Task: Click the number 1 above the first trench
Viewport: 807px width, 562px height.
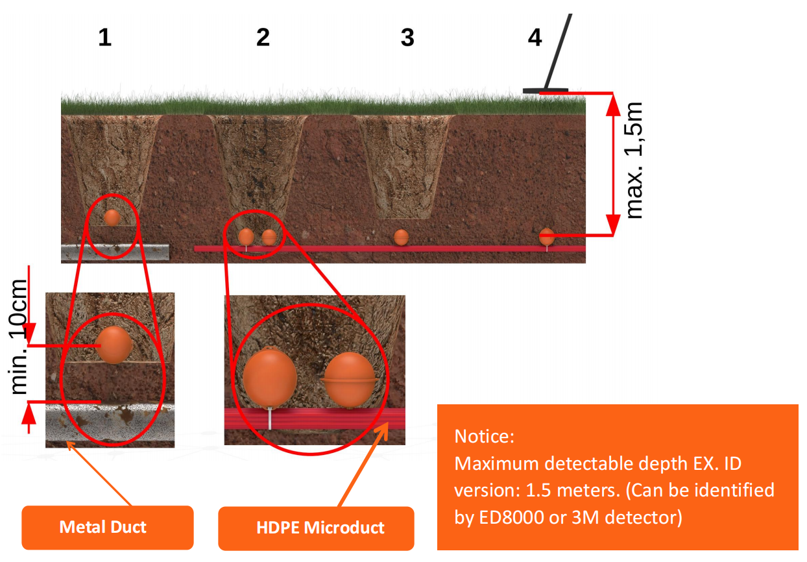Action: point(105,38)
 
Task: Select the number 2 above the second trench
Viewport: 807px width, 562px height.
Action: point(263,38)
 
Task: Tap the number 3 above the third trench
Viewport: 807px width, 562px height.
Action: point(407,38)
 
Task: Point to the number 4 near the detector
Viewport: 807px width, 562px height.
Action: point(535,38)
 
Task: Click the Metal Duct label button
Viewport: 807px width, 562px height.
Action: point(103,526)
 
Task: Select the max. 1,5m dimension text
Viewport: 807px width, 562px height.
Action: point(634,160)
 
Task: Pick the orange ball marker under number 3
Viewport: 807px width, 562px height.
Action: point(402,237)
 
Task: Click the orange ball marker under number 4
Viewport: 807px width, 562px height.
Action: point(547,236)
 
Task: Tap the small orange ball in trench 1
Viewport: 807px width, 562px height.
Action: point(112,217)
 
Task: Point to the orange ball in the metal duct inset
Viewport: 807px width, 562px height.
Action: point(115,344)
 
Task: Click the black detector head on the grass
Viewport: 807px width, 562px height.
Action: point(546,90)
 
